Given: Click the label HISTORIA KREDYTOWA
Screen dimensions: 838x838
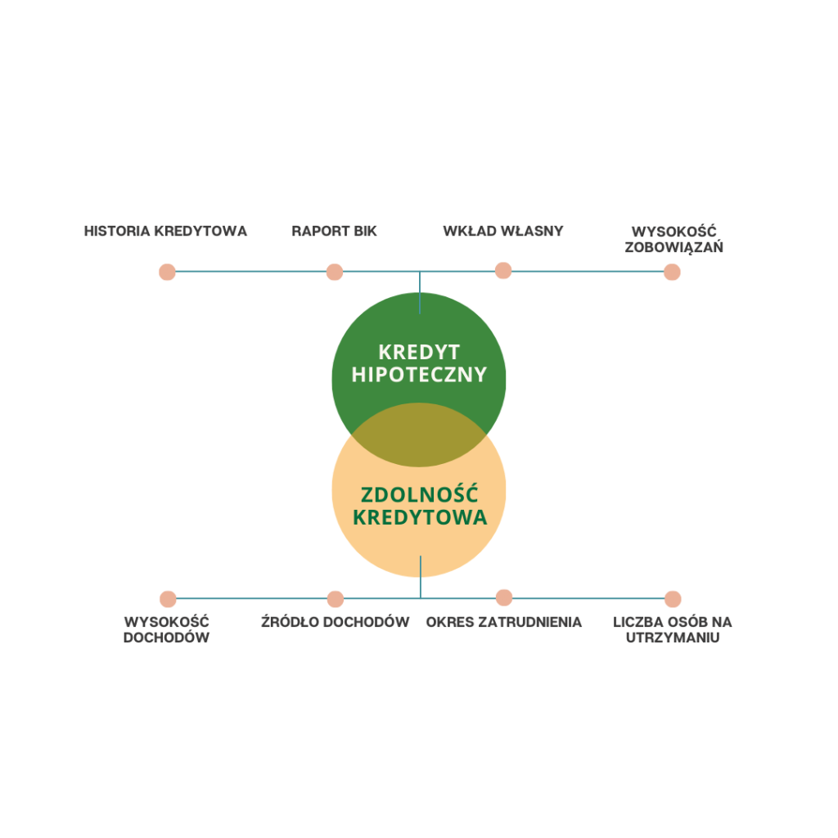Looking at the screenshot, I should [x=165, y=231].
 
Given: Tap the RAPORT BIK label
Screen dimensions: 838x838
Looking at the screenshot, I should [x=334, y=231].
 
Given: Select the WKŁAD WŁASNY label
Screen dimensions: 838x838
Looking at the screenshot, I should [x=503, y=231].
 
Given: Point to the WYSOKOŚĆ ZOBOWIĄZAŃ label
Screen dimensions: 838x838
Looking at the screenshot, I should [x=674, y=239].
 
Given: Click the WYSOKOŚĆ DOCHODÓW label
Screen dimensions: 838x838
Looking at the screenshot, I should [x=166, y=629].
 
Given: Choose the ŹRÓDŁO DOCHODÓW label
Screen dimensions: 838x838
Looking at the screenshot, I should [x=335, y=622].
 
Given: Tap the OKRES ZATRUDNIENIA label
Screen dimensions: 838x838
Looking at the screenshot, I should [x=504, y=622].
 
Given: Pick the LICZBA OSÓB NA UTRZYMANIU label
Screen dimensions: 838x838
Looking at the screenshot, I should [x=673, y=629].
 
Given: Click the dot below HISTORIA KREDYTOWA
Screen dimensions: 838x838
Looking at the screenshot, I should [x=167, y=272].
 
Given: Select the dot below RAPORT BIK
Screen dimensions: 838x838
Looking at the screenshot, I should [x=335, y=272].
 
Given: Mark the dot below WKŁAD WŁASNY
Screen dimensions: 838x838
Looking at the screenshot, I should [x=503, y=270].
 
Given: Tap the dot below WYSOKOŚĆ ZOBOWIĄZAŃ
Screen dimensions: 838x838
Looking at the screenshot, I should [x=672, y=272].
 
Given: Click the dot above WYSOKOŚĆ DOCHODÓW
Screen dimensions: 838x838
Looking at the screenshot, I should [x=169, y=599].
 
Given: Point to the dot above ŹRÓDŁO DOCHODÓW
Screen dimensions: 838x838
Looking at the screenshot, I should [x=336, y=599].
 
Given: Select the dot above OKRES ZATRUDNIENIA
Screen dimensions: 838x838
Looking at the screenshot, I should [x=504, y=597].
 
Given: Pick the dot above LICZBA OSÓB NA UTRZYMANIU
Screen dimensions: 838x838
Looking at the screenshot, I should [x=673, y=599].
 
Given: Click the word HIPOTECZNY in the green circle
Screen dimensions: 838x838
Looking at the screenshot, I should [x=419, y=375].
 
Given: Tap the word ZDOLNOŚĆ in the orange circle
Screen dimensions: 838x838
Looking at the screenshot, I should [x=419, y=495].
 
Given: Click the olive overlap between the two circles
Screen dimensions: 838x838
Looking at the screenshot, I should [x=419, y=435].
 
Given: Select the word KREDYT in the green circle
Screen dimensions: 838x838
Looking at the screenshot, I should [x=419, y=353].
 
